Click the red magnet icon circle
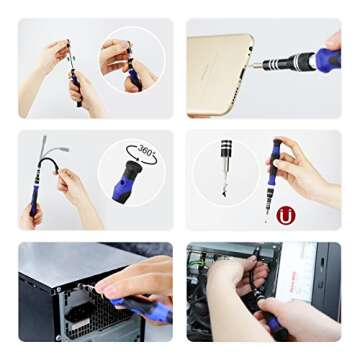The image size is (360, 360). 286,214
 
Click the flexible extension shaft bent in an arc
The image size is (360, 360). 50,160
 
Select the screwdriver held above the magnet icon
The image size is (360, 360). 272,175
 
